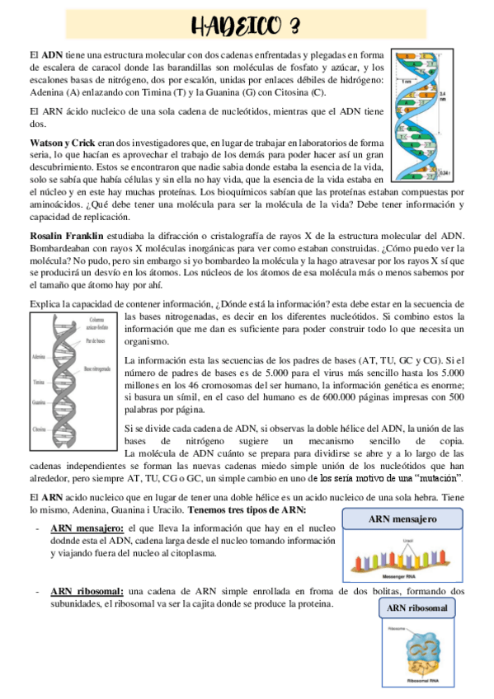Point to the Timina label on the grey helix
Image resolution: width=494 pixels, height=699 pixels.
(38, 383)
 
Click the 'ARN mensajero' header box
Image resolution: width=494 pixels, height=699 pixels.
(402, 519)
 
